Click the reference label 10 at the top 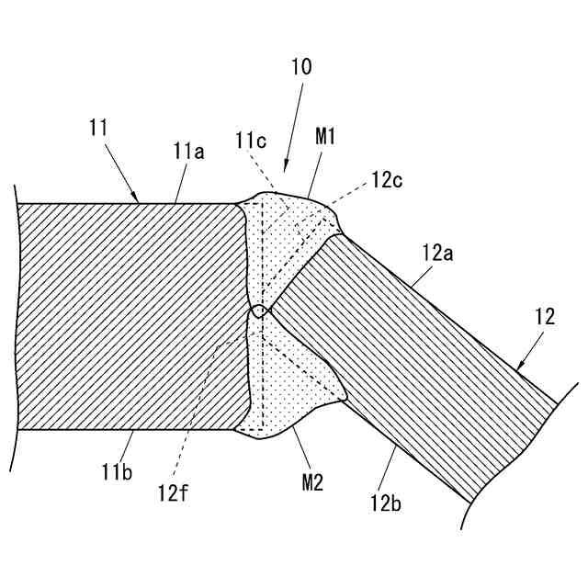301,68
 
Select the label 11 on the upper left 99,127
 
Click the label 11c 251,141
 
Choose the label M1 326,138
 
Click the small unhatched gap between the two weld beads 260,312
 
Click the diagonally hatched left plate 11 129,317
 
